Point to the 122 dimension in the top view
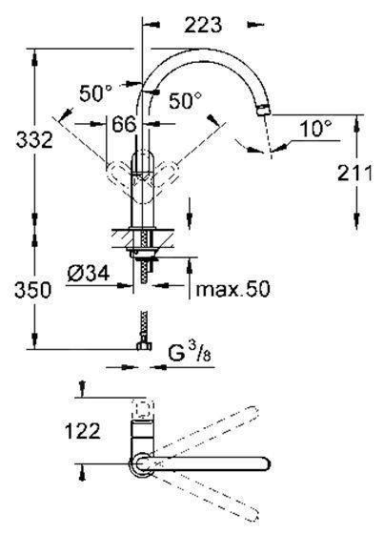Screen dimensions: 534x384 (84, 432)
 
